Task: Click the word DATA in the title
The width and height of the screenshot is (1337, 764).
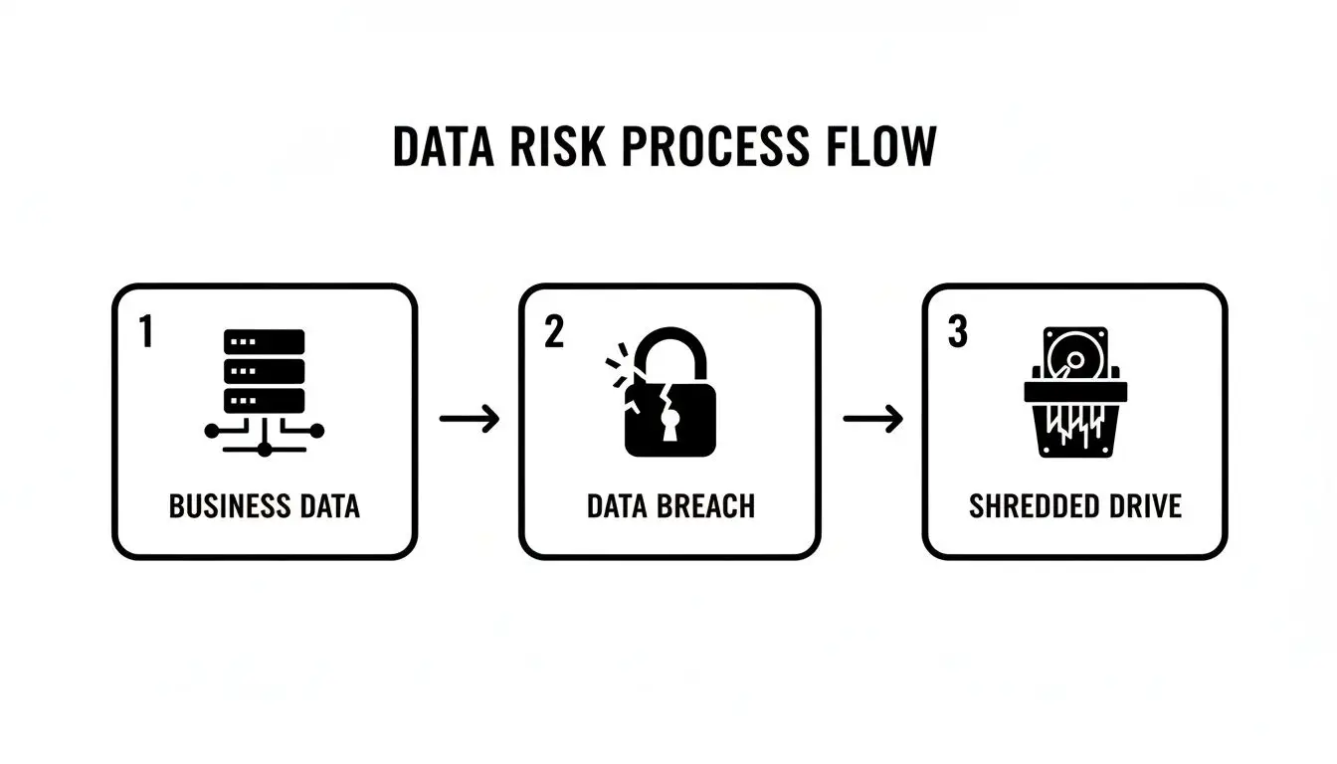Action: [442, 147]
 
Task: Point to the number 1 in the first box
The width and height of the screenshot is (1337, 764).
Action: [146, 333]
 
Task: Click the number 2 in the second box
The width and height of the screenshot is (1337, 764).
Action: [554, 333]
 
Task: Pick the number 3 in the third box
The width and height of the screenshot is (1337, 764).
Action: [957, 333]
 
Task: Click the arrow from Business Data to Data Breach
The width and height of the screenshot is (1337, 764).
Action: [470, 419]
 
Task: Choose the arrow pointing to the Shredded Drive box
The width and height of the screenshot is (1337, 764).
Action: [872, 419]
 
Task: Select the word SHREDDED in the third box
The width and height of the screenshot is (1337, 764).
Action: [1032, 506]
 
